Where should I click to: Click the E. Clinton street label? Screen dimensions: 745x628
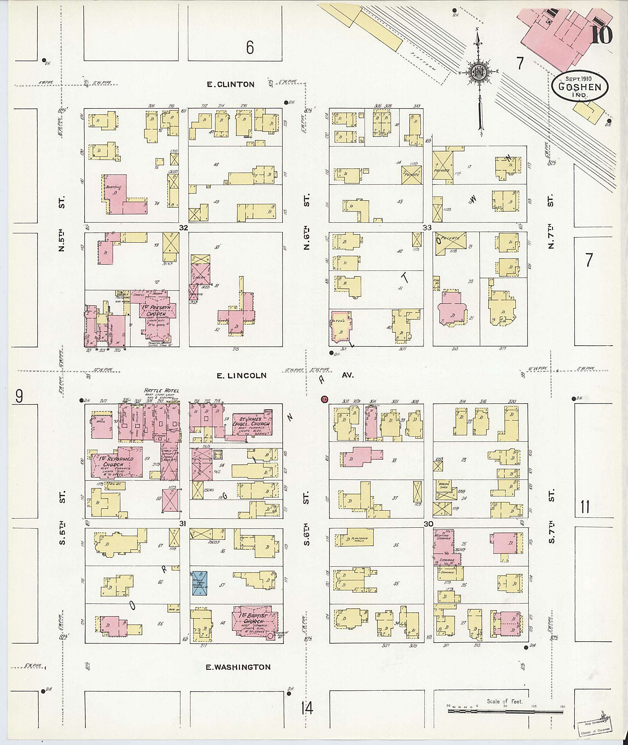tap(231, 84)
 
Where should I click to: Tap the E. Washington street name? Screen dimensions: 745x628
tap(238, 667)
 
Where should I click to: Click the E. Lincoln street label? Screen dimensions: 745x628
tap(241, 375)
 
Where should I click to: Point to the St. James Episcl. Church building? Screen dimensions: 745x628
tap(252, 424)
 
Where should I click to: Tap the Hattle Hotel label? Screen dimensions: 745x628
tap(161, 390)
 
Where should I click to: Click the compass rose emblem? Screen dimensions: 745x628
tap(479, 73)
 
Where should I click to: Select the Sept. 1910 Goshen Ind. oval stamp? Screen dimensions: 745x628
tap(580, 87)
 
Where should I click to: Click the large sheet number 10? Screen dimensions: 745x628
tap(602, 35)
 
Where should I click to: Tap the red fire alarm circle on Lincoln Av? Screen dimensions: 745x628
tap(324, 399)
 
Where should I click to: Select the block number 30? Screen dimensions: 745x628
tap(428, 524)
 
